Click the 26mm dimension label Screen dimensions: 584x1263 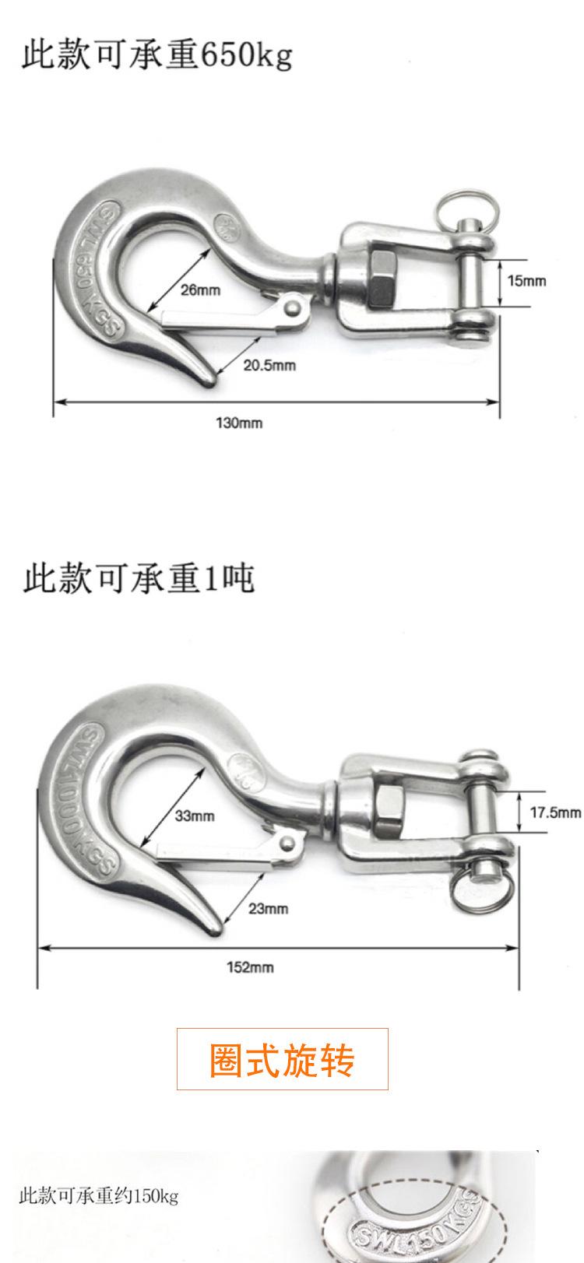201,290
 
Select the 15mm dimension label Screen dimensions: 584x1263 527,280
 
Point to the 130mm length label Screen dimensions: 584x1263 239,423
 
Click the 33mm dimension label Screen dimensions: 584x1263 194,816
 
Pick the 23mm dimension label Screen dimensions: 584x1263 269,908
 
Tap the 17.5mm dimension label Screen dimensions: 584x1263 555,812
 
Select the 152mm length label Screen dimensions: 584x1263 250,967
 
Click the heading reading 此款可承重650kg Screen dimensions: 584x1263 157,56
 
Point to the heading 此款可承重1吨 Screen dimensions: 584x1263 139,579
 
